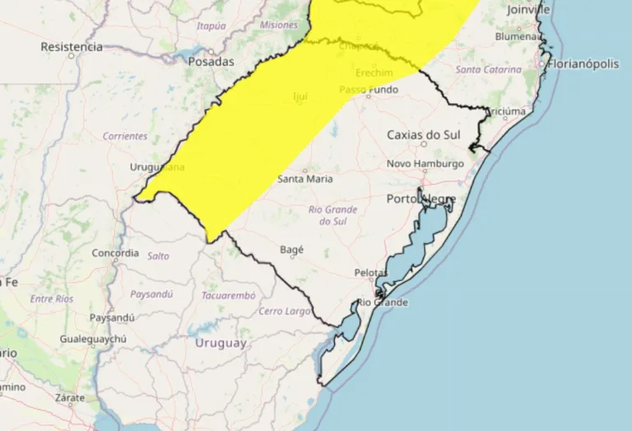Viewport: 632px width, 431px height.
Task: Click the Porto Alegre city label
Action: (420, 199)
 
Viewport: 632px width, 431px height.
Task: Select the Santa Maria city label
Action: (305, 179)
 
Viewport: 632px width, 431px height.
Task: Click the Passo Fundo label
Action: (366, 89)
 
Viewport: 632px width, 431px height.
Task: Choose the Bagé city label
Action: (291, 249)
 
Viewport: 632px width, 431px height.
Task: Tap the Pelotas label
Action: (370, 272)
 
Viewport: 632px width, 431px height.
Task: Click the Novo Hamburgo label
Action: (425, 164)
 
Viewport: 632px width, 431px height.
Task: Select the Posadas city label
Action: (211, 61)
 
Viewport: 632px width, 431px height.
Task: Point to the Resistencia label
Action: (71, 47)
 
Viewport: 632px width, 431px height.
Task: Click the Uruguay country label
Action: (221, 343)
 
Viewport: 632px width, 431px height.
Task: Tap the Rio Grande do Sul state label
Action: (332, 215)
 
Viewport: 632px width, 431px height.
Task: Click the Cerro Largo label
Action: (285, 311)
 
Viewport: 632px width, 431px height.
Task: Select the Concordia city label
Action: (115, 253)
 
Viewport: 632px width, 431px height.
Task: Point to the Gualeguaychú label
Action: (93, 340)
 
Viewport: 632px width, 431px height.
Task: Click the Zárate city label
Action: (69, 396)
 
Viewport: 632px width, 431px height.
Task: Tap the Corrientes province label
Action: (125, 136)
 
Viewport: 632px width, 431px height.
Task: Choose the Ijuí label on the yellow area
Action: (300, 97)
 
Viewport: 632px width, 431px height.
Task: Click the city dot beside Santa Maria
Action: (305, 170)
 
